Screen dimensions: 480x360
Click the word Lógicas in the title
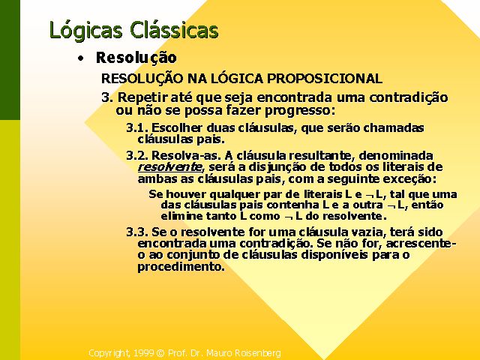85,31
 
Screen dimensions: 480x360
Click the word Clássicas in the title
174,30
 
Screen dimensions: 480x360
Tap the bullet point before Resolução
80,58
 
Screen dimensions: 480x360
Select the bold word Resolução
136,58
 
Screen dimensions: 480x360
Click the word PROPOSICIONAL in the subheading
325,79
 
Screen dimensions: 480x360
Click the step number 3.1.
137,127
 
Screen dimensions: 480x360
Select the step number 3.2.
137,155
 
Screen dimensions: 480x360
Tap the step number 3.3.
137,232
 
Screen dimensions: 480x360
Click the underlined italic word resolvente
170,167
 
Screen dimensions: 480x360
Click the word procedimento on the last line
181,267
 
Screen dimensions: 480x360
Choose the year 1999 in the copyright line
143,353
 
